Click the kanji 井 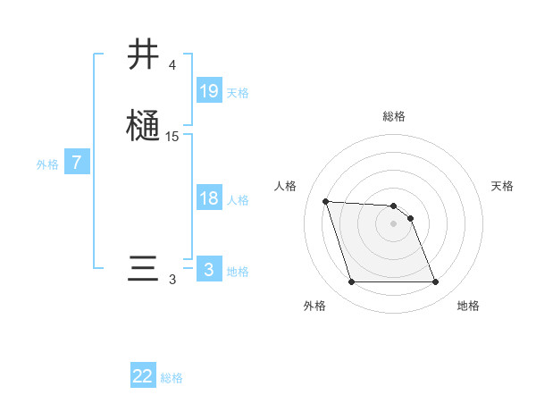pyautogui.click(x=144, y=55)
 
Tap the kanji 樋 pyautogui.click(x=144, y=125)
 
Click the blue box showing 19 pyautogui.click(x=209, y=91)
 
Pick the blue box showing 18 pyautogui.click(x=209, y=198)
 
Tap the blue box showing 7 pyautogui.click(x=77, y=163)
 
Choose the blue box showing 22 pyautogui.click(x=143, y=376)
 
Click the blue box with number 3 pyautogui.click(x=209, y=270)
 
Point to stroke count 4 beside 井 pyautogui.click(x=172, y=65)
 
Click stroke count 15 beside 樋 pyautogui.click(x=172, y=137)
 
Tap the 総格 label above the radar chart pyautogui.click(x=394, y=116)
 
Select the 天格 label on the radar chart pyautogui.click(x=502, y=186)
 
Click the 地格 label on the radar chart pyautogui.click(x=468, y=306)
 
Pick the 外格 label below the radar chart pyautogui.click(x=314, y=306)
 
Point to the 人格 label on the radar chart pyautogui.click(x=286, y=186)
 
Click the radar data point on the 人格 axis pyautogui.click(x=325, y=202)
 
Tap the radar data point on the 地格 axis pyautogui.click(x=435, y=282)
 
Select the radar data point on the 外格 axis pyautogui.click(x=351, y=282)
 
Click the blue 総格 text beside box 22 pyautogui.click(x=172, y=378)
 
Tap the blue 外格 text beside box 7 pyautogui.click(x=47, y=164)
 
